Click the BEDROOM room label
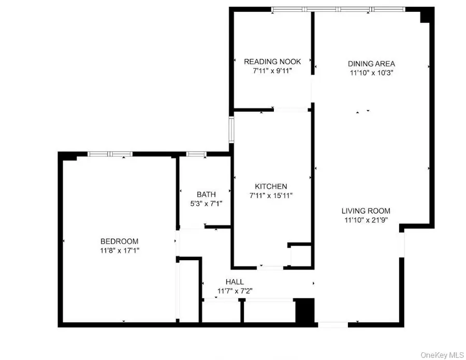point(119,241)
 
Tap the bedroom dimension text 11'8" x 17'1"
point(119,250)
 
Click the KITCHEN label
point(271,186)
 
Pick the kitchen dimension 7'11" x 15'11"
point(271,195)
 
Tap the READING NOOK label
point(272,62)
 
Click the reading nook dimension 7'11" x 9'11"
point(272,71)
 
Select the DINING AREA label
point(371,64)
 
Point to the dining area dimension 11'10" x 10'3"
point(371,73)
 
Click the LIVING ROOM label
point(366,211)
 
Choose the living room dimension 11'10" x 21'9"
point(366,220)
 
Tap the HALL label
point(235,282)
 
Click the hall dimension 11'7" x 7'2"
point(235,291)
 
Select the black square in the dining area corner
point(426,16)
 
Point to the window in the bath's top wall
point(196,154)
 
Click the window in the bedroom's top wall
point(110,154)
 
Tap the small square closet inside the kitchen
point(301,255)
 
